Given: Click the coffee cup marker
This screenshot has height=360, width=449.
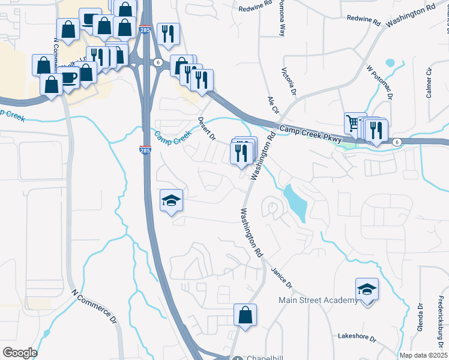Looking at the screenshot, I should pyautogui.click(x=68, y=78).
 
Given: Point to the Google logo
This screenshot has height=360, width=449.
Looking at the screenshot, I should pyautogui.click(x=19, y=353).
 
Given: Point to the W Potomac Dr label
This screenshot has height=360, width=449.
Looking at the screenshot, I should pyautogui.click(x=379, y=83).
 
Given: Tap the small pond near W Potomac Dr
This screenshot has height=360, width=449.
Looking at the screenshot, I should pyautogui.click(x=391, y=62).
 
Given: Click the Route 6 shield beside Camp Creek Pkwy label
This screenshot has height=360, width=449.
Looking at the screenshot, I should pyautogui.click(x=397, y=142).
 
